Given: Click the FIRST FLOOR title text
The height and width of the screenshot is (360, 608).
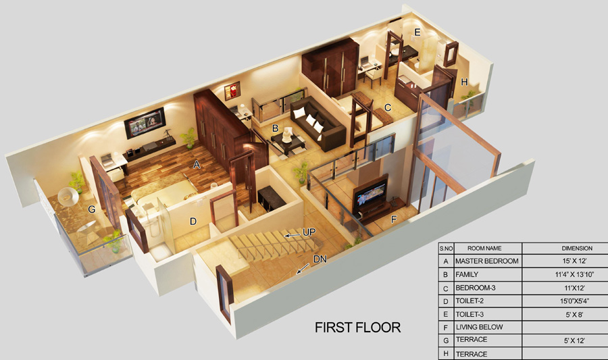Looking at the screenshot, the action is (x=357, y=328).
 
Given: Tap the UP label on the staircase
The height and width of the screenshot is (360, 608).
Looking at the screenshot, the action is (x=309, y=232).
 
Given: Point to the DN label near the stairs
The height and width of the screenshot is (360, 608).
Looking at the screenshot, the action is (x=320, y=259).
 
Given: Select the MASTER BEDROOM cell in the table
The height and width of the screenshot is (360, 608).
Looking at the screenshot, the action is (x=488, y=261).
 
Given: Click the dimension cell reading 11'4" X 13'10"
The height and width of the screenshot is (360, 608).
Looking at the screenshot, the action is (x=574, y=274).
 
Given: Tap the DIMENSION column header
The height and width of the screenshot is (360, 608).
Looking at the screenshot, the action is (x=577, y=249).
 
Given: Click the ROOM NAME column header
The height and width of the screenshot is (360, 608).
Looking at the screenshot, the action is (x=484, y=249).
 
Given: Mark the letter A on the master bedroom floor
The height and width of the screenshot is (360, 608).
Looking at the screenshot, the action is (x=197, y=165).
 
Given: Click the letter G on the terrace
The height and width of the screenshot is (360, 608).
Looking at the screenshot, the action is (x=91, y=209).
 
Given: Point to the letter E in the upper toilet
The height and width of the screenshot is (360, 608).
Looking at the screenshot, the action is (x=417, y=32).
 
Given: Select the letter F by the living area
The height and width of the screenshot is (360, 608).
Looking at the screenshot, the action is (x=394, y=220).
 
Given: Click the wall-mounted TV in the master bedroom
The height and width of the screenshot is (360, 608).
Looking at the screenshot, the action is (x=145, y=123).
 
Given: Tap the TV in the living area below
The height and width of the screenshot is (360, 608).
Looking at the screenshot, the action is (x=371, y=195).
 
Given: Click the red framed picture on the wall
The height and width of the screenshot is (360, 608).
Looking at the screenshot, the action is (x=232, y=91).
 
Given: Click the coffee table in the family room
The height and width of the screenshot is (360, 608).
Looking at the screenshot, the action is (x=288, y=143).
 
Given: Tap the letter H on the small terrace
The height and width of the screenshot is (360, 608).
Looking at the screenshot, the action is (x=464, y=82).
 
